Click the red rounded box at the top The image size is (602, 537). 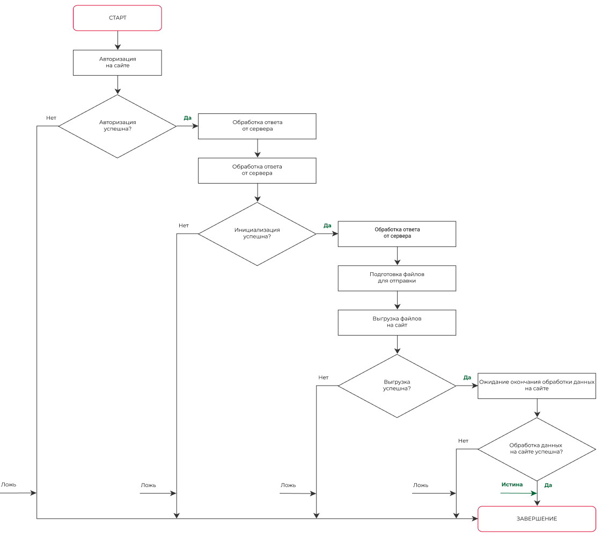[x=117, y=18]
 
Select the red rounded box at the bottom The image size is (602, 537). [x=537, y=519]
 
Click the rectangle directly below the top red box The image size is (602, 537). [x=117, y=63]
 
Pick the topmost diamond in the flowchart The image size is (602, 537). [x=117, y=127]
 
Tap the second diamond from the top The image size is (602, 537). [x=257, y=234]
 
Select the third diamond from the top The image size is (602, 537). [x=397, y=386]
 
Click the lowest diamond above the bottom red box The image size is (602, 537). [x=537, y=449]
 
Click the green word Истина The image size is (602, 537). [x=512, y=485]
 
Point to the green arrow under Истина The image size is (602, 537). [x=518, y=493]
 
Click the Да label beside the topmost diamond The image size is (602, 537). [x=187, y=118]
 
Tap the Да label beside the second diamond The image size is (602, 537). [x=327, y=226]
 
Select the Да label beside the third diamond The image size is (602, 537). [x=467, y=378]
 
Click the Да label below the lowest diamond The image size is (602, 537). [x=548, y=485]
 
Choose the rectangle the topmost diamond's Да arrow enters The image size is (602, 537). [x=257, y=127]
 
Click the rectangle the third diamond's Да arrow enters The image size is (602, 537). [x=537, y=386]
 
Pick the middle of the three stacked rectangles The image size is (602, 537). [x=397, y=279]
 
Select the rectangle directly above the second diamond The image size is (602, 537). [x=257, y=171]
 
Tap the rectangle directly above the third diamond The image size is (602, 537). [x=397, y=323]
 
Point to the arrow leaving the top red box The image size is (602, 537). [x=118, y=40]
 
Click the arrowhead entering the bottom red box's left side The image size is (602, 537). [x=474, y=519]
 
